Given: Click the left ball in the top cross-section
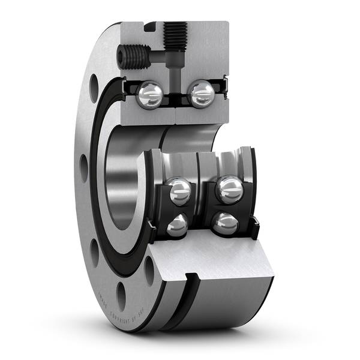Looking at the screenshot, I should (x=149, y=95).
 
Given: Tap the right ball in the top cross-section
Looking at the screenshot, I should (x=201, y=94).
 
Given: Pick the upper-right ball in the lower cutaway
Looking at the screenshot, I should (x=229, y=190).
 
